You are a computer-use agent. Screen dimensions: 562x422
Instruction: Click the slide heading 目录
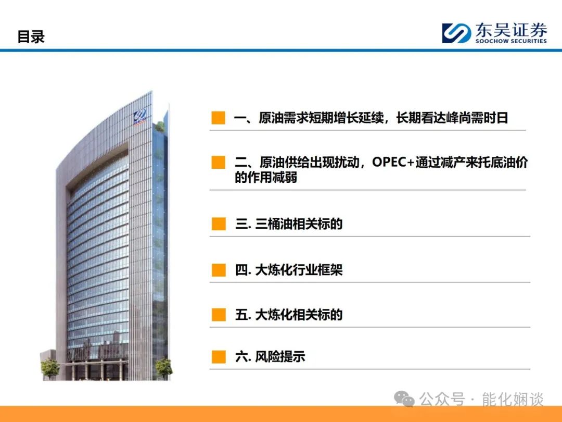[31, 37]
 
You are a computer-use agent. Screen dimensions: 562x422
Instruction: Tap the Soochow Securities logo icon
[456, 33]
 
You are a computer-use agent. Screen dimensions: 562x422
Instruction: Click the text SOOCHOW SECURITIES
[511, 41]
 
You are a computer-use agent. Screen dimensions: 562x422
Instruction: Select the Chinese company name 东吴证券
[511, 30]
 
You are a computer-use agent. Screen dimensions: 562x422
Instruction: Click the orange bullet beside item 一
[218, 118]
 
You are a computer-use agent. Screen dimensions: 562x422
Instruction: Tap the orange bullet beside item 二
[218, 162]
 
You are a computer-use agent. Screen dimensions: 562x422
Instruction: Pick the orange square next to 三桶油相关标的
[219, 224]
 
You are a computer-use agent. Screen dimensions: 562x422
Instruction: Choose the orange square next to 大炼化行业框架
[219, 270]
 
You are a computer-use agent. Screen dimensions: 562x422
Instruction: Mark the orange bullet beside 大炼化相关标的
[219, 315]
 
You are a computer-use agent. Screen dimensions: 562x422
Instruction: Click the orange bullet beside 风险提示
[219, 357]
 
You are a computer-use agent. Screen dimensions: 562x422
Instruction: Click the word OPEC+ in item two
[393, 162]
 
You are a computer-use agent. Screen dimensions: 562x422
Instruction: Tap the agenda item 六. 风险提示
[270, 357]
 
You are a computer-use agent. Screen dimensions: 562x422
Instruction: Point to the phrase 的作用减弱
[266, 177]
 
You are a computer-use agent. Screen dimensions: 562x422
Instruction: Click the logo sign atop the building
[140, 116]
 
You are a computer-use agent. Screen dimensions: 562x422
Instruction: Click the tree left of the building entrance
[50, 368]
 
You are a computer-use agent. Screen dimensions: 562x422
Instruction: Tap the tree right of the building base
[163, 368]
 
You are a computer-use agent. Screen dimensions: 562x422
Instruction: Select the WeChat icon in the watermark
[404, 399]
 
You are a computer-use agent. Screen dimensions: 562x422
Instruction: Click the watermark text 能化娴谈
[513, 399]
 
